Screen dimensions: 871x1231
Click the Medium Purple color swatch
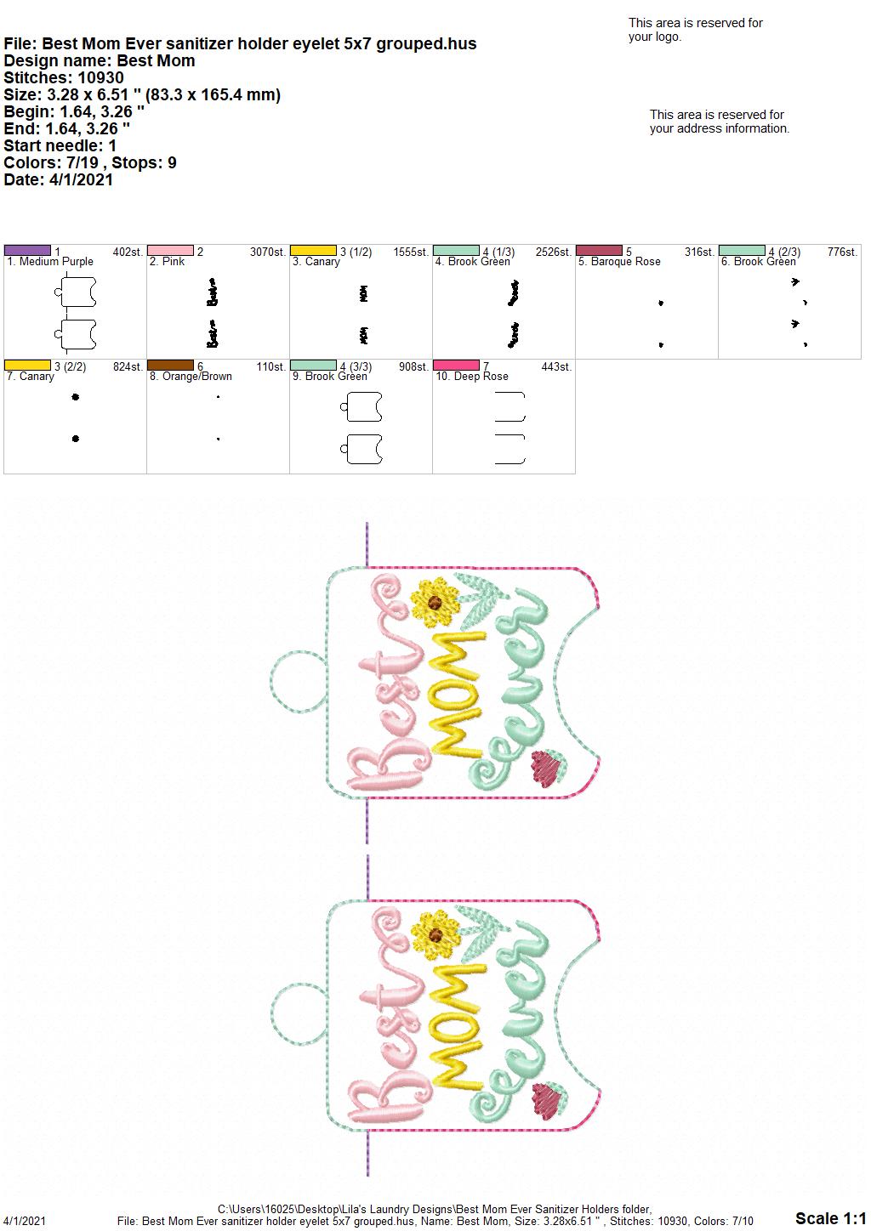coord(27,251)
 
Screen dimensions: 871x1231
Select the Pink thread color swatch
coord(170,251)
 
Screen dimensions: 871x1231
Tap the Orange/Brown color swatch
coord(170,366)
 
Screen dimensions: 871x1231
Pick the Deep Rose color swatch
coord(457,366)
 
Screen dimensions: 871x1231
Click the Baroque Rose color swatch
coord(600,251)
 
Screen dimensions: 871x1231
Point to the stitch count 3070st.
coord(268,252)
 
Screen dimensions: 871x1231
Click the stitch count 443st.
coord(556,366)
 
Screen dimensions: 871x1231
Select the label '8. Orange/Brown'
coord(191,377)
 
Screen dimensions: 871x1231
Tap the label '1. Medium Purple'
coord(50,262)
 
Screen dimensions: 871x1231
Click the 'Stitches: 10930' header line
coord(64,77)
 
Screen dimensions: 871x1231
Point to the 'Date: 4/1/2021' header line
coord(59,179)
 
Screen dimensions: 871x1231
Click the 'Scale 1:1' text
coord(831,1218)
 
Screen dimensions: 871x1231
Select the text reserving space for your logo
coord(696,30)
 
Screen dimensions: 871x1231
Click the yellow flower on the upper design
coord(435,602)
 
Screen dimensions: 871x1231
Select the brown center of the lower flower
coord(435,935)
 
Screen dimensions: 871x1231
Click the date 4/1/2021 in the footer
coord(24,1221)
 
